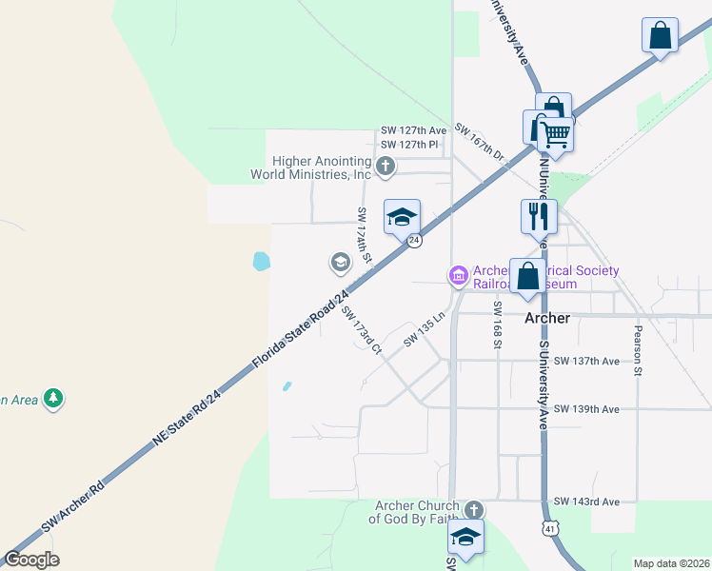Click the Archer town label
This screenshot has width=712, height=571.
[547, 318]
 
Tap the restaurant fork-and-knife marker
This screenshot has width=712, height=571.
[539, 216]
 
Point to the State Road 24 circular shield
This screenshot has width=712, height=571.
[415, 242]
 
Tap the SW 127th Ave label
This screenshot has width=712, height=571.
[413, 130]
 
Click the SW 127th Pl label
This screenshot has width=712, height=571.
[409, 145]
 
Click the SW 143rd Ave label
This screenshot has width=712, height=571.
[586, 502]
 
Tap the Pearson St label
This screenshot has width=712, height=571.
[636, 350]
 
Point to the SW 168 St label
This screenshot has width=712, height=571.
[497, 324]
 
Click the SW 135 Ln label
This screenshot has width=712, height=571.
[425, 328]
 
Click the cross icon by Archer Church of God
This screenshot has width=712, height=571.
[473, 510]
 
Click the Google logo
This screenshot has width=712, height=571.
[31, 560]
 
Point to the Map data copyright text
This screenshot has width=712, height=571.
[671, 563]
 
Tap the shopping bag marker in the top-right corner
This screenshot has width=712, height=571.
[660, 36]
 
